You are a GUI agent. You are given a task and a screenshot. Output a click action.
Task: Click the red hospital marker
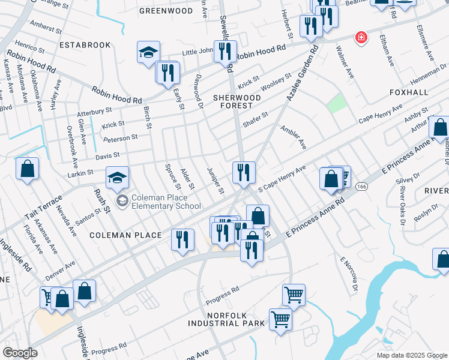click(361, 38)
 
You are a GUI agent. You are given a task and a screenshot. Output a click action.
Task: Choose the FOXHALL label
click(409, 92)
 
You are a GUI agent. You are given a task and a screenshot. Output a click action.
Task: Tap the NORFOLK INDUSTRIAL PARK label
click(226, 319)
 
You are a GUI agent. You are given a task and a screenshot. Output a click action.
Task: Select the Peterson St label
click(121, 137)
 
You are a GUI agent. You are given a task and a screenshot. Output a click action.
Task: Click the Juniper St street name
click(215, 181)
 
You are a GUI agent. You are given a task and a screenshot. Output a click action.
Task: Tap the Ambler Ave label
click(294, 138)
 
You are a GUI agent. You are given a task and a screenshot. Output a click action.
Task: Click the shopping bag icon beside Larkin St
click(27, 169)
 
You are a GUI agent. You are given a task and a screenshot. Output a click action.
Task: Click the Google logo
click(20, 353)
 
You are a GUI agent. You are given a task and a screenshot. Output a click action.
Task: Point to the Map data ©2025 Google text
click(412, 355)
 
